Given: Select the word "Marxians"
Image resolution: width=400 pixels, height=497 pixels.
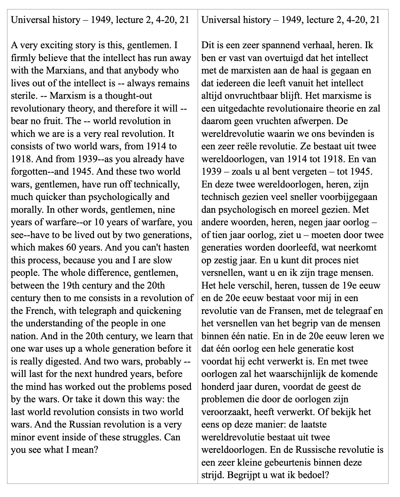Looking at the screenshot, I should pyautogui.click(x=52, y=70).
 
